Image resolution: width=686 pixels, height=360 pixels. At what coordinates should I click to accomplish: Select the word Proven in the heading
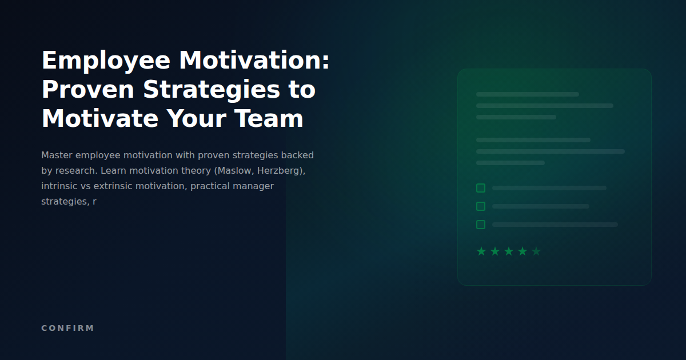tap(88, 90)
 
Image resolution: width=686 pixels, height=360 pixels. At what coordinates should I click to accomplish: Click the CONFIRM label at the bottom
tap(67, 328)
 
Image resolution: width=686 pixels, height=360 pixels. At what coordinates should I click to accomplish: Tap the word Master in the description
tap(57, 155)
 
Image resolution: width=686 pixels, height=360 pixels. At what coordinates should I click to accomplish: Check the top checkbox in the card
tap(481, 188)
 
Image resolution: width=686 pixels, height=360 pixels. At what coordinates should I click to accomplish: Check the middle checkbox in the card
tap(481, 206)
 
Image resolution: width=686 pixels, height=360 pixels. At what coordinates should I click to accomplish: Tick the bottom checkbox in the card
tap(481, 225)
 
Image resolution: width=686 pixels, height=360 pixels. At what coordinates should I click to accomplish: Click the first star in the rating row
tap(481, 251)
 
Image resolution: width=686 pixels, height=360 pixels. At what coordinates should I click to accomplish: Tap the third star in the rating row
tap(509, 251)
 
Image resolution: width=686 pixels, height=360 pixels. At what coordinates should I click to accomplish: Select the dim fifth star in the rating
tap(536, 251)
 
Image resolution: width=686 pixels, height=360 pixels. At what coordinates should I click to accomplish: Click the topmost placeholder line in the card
tap(527, 94)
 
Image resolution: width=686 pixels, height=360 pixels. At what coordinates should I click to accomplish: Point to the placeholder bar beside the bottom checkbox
tap(555, 225)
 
